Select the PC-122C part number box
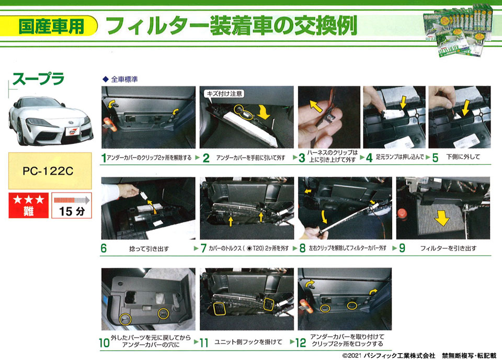[50, 171]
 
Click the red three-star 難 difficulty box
[28, 205]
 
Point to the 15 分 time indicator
[72, 205]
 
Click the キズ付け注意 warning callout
[224, 94]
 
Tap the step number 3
[302, 158]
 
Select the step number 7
[203, 248]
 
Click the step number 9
[402, 248]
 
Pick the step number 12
[300, 342]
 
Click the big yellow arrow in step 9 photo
[442, 219]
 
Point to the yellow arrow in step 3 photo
[316, 106]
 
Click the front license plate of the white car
[72, 131]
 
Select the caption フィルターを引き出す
[448, 248]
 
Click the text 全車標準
[124, 79]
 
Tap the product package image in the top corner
[458, 30]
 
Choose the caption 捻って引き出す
[149, 249]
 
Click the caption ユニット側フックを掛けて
[248, 342]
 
